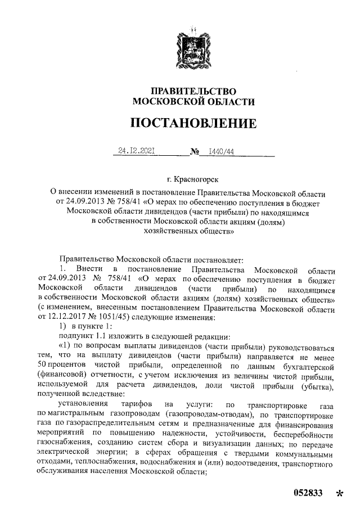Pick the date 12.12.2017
coord(58,317)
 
